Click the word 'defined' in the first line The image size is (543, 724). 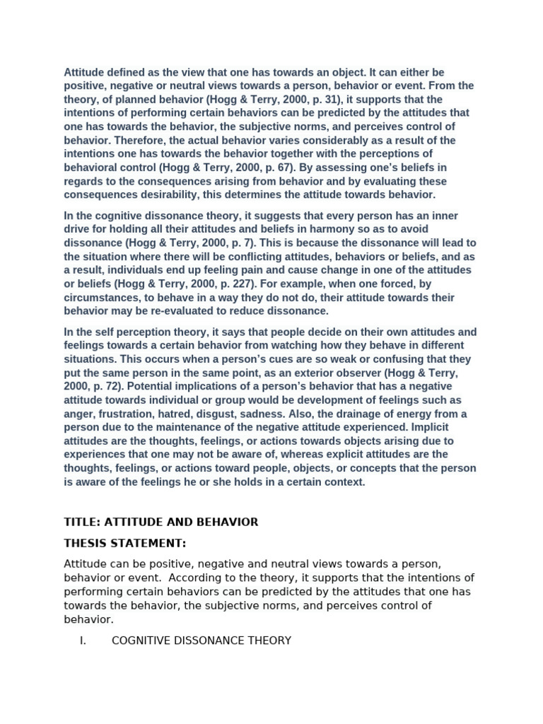121,72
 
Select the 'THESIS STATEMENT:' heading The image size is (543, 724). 125,543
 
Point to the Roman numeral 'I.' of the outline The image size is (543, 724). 83,641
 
